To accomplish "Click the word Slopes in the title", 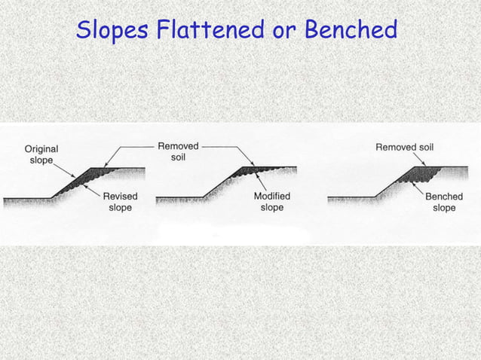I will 112,31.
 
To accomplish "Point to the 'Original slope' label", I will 41,154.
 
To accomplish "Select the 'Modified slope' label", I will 272,202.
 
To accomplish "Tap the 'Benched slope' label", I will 444,202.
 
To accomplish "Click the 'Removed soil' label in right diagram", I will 404,147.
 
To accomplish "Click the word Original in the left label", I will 41,148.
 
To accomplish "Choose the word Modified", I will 272,197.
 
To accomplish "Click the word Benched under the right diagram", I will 444,197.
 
